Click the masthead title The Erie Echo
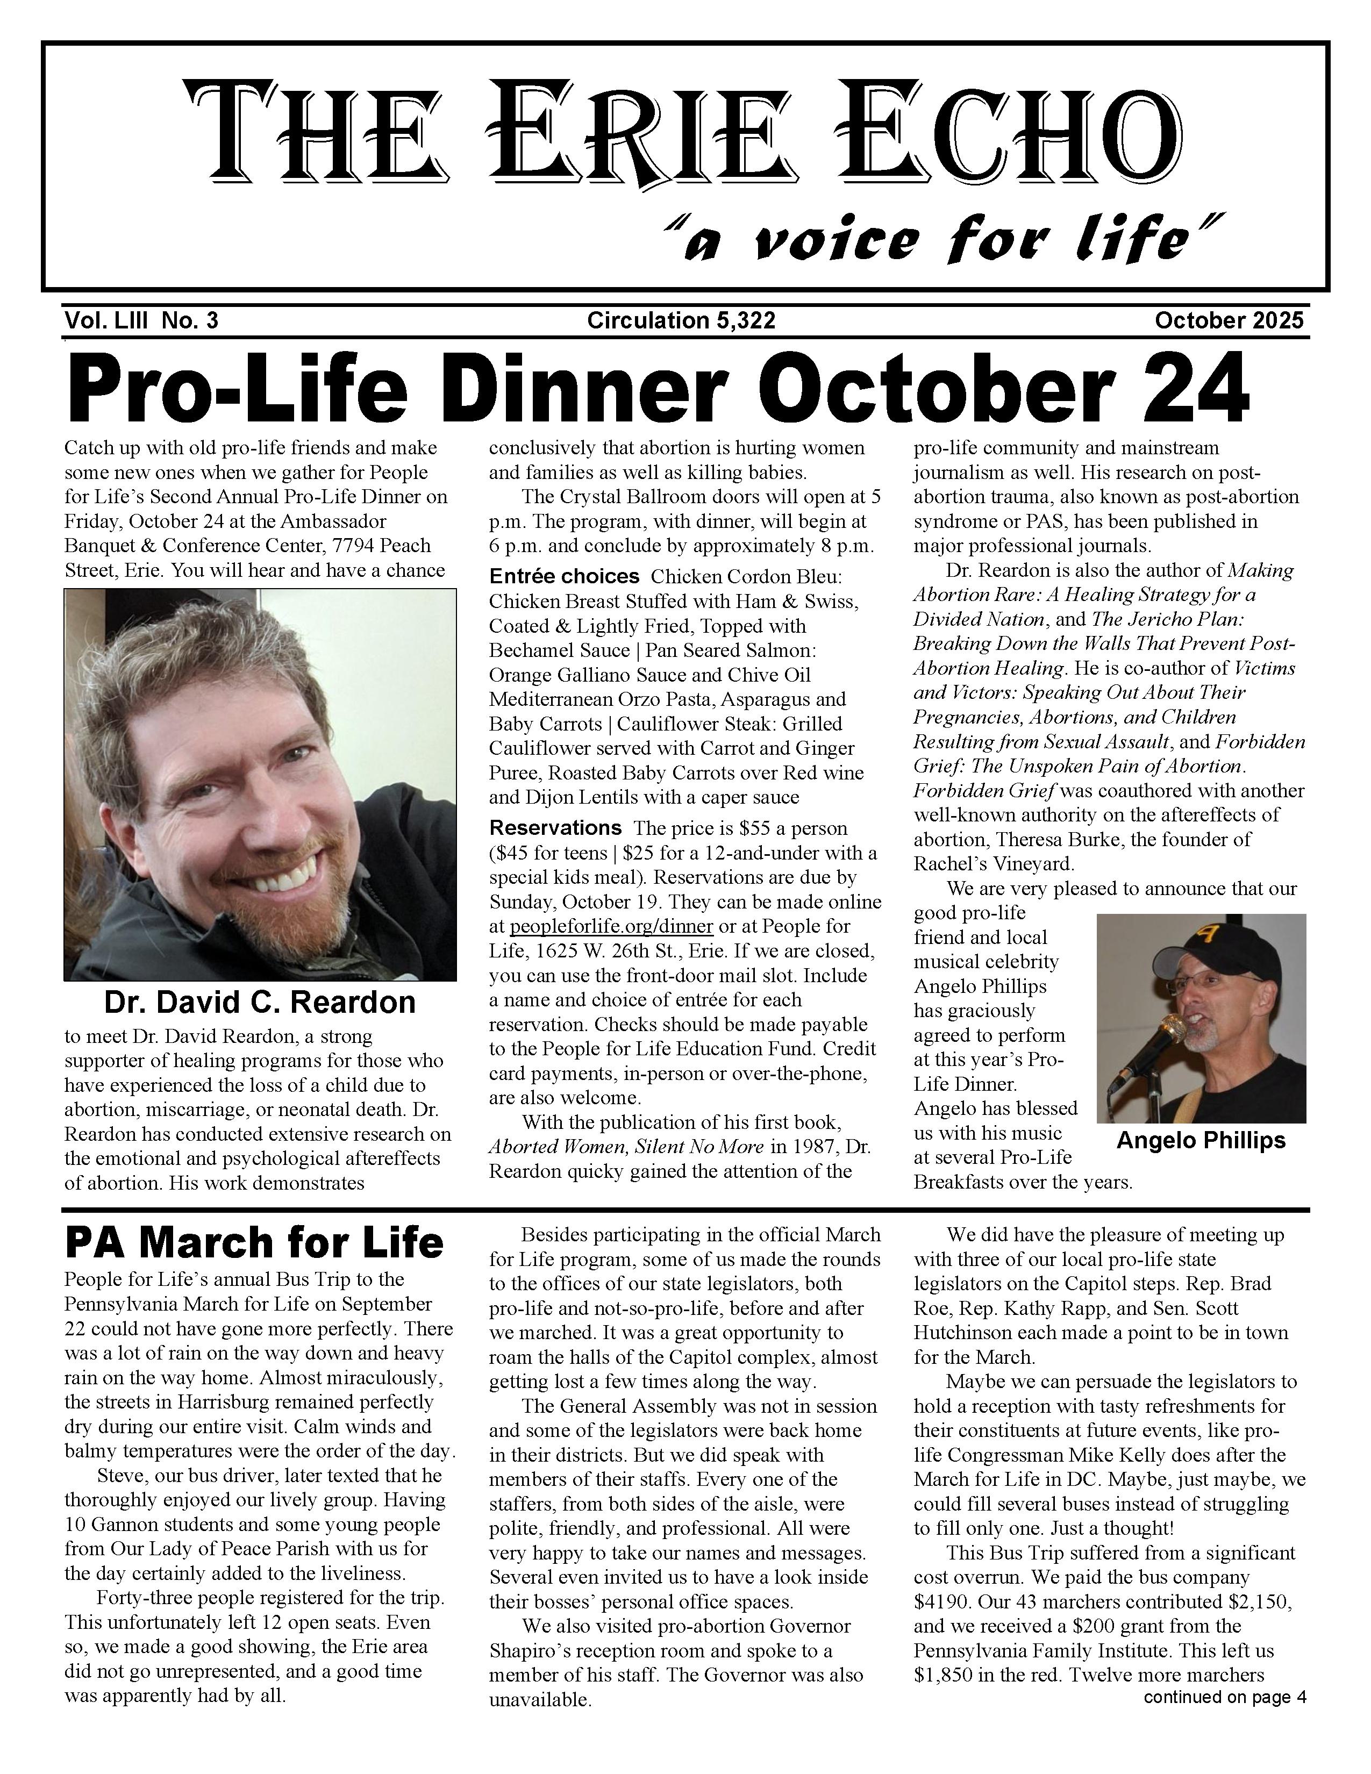click(x=683, y=130)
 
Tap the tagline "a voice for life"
click(x=942, y=240)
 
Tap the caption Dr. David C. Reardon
click(x=259, y=1003)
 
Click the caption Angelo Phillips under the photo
click(x=1201, y=1140)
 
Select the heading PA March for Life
click(x=254, y=1243)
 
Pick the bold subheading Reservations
click(x=555, y=828)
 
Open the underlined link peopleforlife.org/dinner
click(x=611, y=927)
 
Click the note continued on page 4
click(x=1224, y=1697)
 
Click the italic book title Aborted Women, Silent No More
click(x=625, y=1147)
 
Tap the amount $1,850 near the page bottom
click(x=940, y=1676)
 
